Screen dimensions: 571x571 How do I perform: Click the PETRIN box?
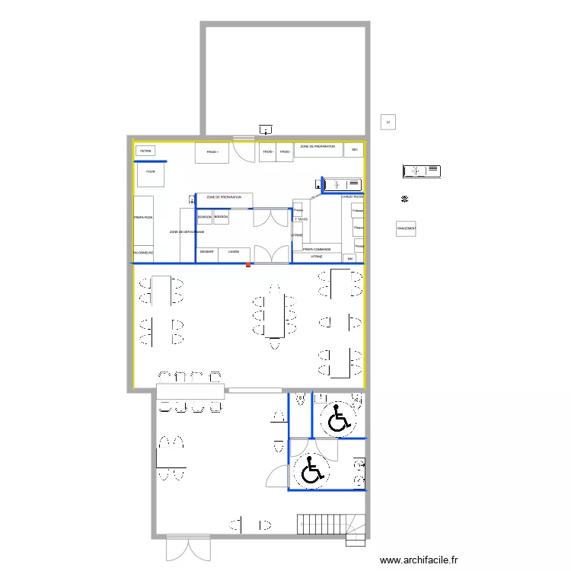146,152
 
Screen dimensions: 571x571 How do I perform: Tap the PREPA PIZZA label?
144,219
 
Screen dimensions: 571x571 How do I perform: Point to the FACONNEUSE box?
144,253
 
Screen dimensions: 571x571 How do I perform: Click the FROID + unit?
212,152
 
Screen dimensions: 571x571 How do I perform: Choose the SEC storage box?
354,150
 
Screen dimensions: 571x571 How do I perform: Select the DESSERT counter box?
207,252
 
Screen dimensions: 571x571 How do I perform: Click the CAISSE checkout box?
234,252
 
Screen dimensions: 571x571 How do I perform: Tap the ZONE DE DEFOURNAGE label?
187,231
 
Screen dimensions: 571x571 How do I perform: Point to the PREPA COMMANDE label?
317,249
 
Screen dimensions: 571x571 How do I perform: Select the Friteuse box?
358,211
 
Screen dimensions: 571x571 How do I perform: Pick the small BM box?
350,259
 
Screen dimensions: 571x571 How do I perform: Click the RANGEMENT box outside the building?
406,228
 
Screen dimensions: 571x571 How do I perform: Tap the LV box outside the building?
388,123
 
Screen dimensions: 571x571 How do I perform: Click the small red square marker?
248,265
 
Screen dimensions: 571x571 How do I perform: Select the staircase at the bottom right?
332,526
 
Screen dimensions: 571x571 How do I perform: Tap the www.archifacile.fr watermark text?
419,560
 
